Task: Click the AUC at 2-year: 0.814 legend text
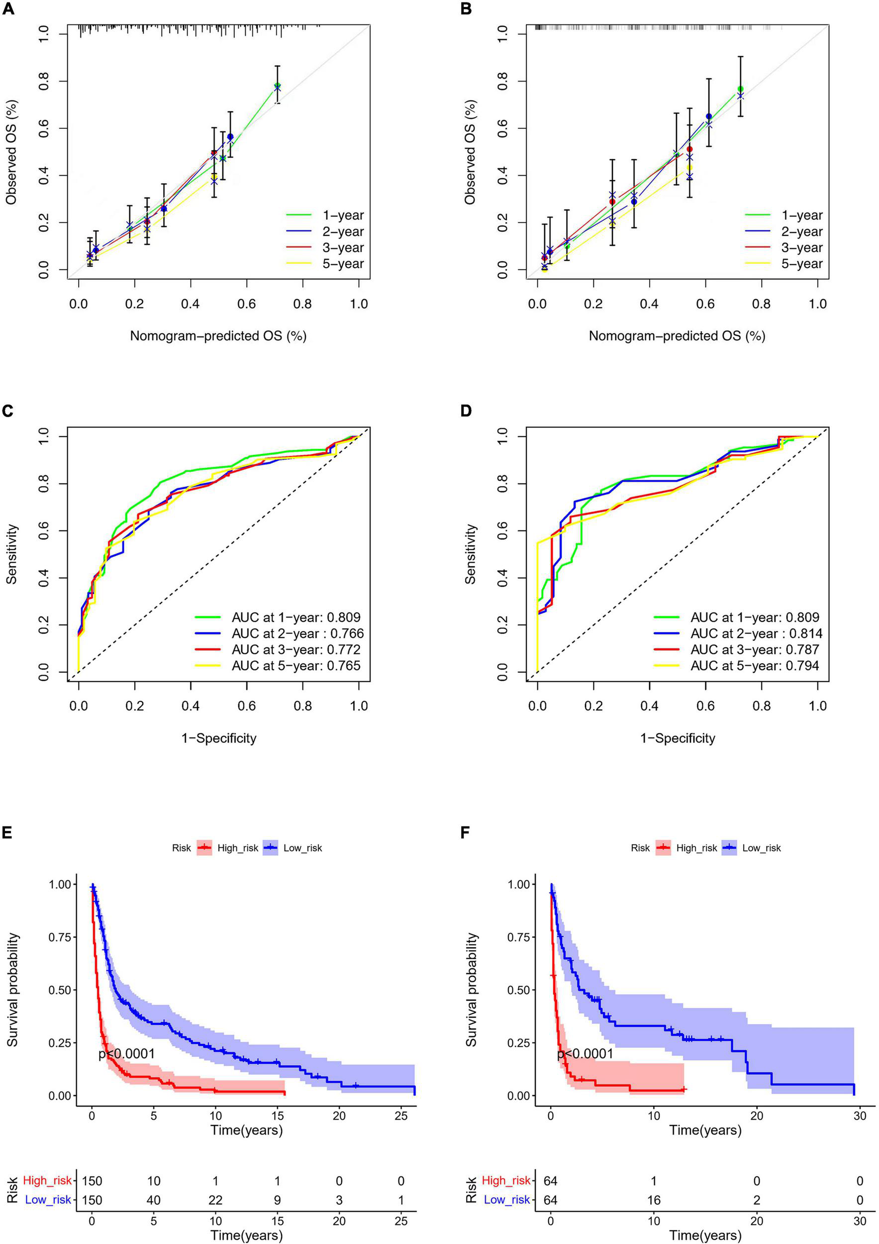tap(756, 633)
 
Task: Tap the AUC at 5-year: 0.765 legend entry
tap(295, 665)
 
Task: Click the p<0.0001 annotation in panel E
tap(127, 1054)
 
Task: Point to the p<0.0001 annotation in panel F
tap(586, 1054)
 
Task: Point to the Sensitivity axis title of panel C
tap(12, 554)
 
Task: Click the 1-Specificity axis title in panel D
tap(678, 738)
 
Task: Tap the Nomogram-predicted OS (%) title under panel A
tap(218, 336)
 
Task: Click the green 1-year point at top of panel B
tap(740, 89)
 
